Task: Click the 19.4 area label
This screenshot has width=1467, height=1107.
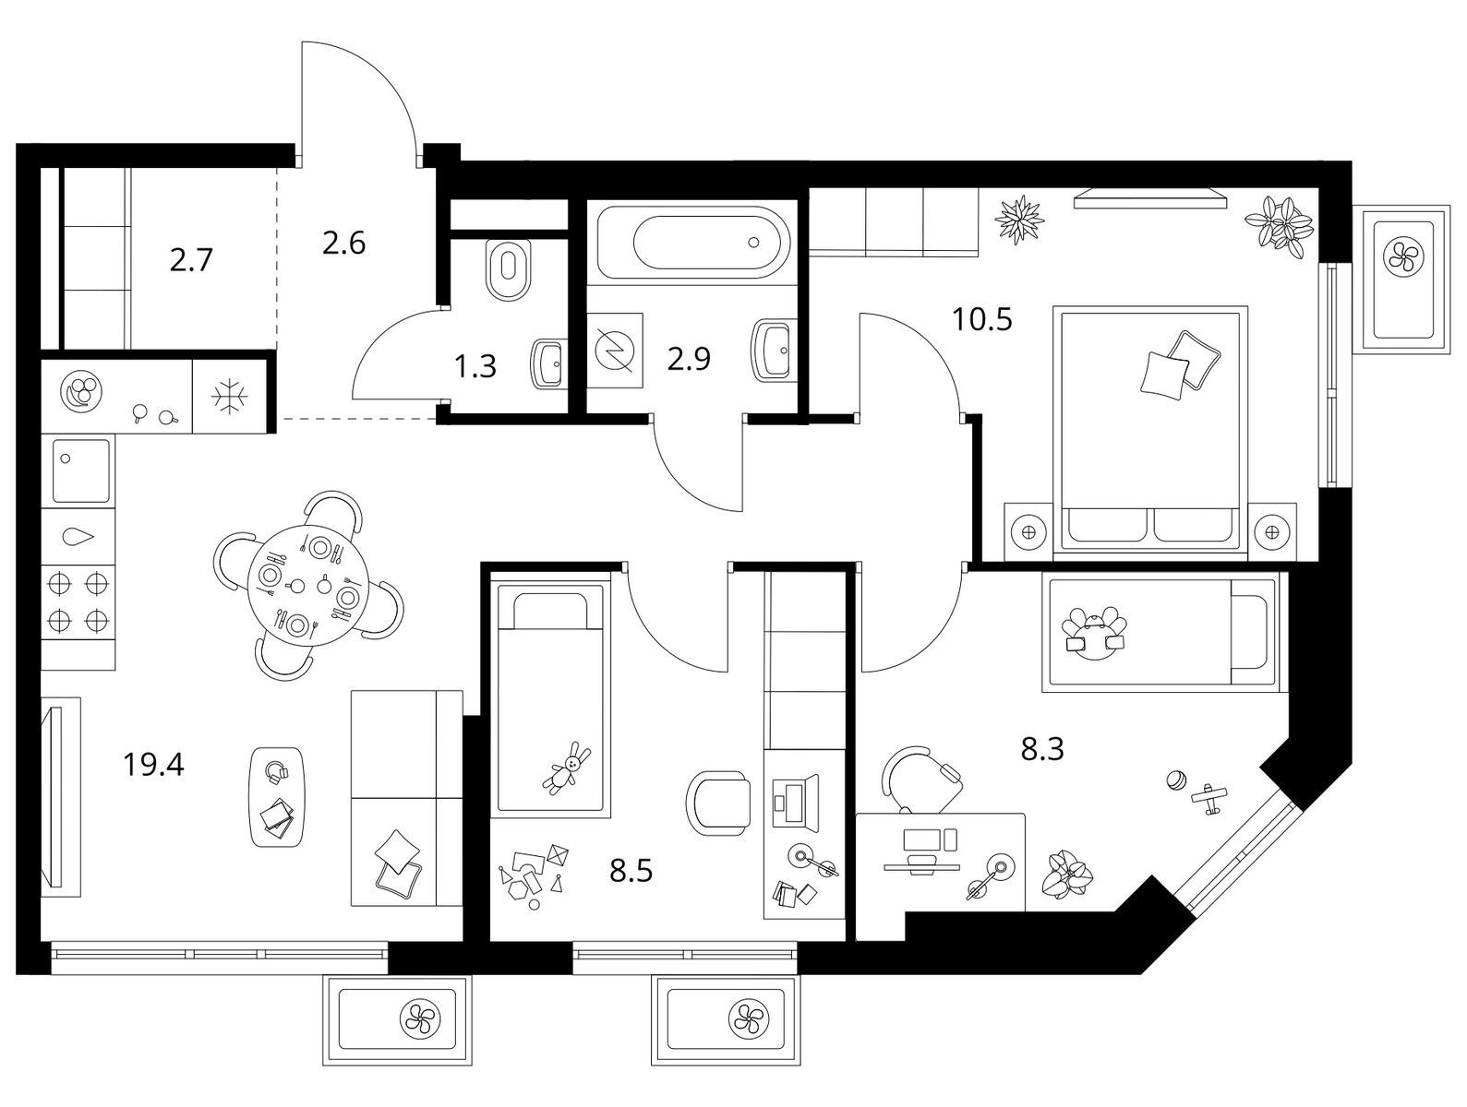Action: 153,765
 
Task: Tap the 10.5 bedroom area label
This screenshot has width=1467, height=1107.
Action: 981,320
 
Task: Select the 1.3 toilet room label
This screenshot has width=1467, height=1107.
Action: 475,366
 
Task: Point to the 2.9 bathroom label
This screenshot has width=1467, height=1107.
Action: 689,359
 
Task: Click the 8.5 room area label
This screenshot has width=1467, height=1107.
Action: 631,872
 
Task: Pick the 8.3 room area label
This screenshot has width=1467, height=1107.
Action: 1042,749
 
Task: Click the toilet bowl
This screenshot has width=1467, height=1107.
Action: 509,270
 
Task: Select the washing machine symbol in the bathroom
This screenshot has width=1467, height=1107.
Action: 615,351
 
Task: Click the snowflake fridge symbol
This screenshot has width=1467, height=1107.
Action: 229,397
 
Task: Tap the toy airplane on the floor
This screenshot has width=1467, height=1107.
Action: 1210,798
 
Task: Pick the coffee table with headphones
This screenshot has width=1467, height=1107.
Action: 278,797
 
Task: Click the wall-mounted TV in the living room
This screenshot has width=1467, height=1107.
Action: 52,797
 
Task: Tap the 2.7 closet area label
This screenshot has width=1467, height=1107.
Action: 191,260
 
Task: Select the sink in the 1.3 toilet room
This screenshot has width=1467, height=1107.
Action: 549,363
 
